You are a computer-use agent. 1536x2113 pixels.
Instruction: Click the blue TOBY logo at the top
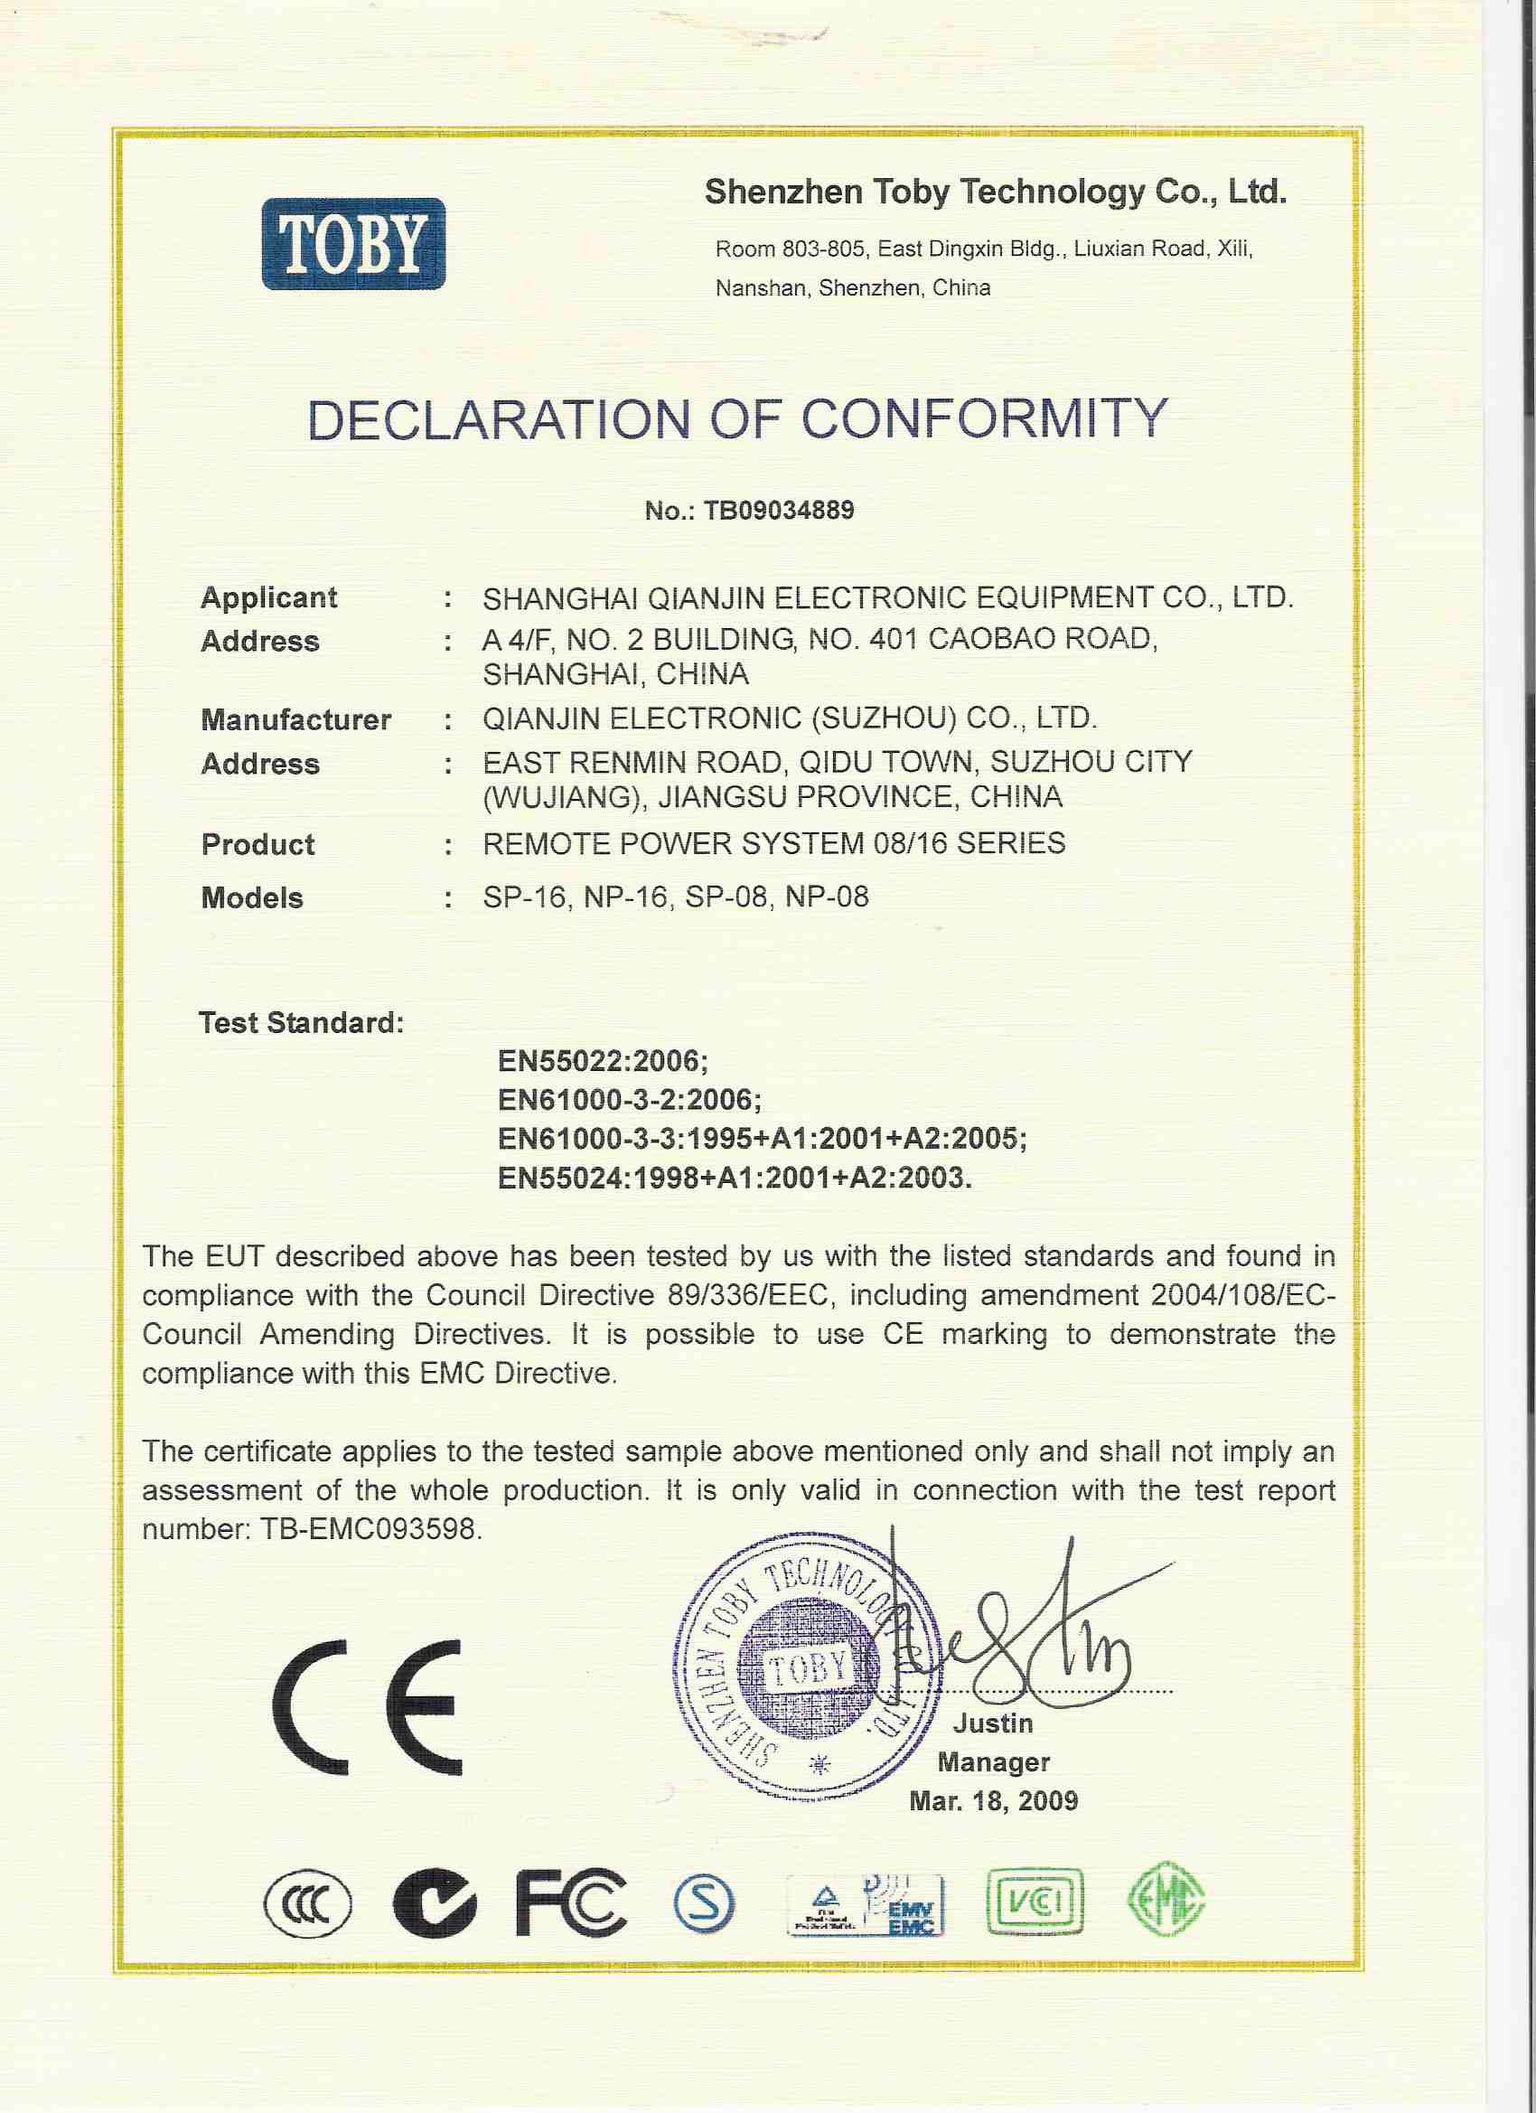(353, 243)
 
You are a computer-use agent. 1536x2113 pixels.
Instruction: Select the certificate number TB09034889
(779, 511)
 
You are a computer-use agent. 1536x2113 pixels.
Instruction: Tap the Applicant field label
(268, 597)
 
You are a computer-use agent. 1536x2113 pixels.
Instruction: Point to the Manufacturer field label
(295, 719)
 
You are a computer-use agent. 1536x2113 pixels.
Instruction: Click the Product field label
(258, 844)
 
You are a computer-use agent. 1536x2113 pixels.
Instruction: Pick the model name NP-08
(826, 897)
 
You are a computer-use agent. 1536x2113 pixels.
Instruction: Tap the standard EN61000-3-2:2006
(629, 1100)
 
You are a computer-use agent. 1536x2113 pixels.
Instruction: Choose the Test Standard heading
(301, 1023)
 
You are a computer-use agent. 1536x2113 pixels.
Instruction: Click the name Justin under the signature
(993, 1723)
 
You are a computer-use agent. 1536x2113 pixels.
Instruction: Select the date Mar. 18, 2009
(993, 1801)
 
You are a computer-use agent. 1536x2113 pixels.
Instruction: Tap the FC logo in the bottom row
(570, 1902)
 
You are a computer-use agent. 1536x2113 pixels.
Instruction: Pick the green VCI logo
(1034, 1902)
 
